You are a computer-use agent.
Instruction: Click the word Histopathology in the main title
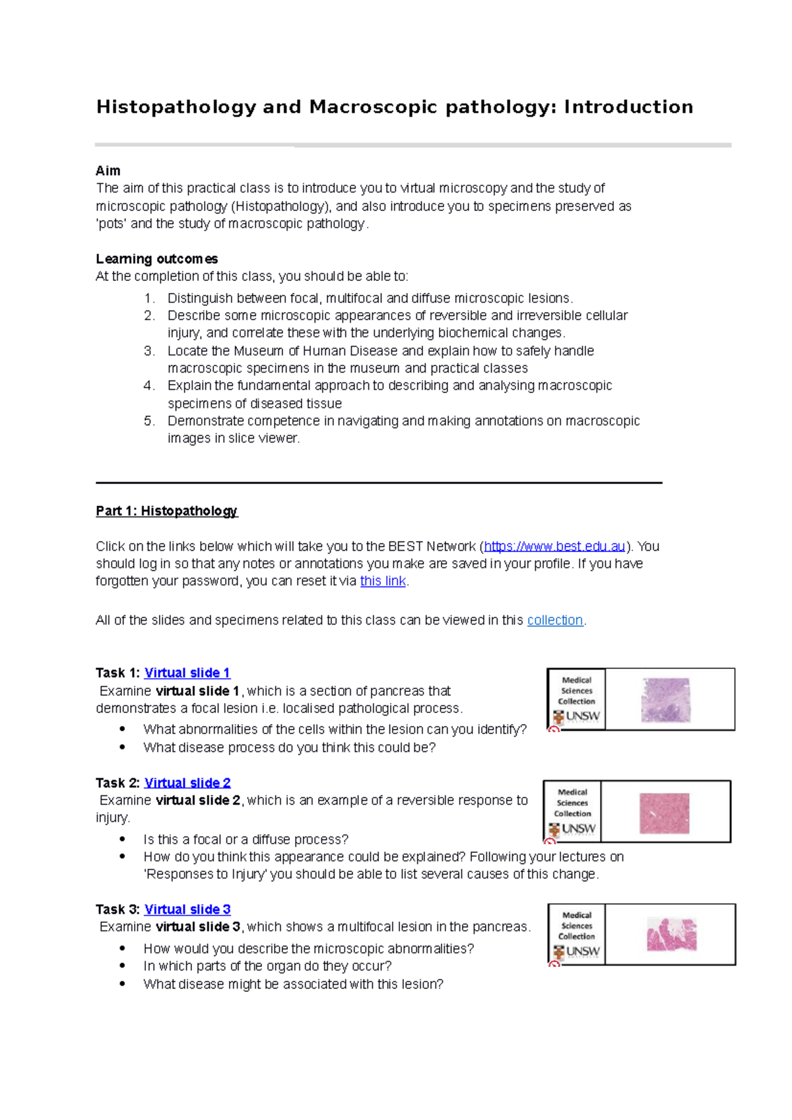pyautogui.click(x=176, y=107)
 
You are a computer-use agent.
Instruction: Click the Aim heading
pyautogui.click(x=108, y=171)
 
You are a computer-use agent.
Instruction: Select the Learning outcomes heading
pyautogui.click(x=156, y=259)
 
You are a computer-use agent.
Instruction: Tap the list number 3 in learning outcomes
pyautogui.click(x=149, y=351)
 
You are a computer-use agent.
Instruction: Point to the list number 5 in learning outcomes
pyautogui.click(x=149, y=421)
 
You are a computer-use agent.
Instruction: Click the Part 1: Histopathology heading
pyautogui.click(x=166, y=511)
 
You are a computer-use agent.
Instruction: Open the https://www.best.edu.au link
pyautogui.click(x=554, y=546)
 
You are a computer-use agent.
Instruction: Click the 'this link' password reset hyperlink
pyautogui.click(x=383, y=581)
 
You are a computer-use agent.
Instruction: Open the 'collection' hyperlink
pyautogui.click(x=554, y=620)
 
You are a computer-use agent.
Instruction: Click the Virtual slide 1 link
pyautogui.click(x=187, y=673)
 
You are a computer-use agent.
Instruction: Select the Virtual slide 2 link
pyautogui.click(x=187, y=783)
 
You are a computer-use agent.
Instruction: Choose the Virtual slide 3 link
pyautogui.click(x=187, y=910)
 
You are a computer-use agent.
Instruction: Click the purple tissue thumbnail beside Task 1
pyautogui.click(x=666, y=700)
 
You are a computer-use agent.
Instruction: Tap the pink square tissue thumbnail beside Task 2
pyautogui.click(x=664, y=813)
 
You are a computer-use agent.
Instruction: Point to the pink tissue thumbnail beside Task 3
pyautogui.click(x=671, y=935)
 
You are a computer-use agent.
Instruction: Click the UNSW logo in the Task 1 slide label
pyautogui.click(x=577, y=716)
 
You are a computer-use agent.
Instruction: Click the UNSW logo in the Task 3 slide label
pyautogui.click(x=577, y=952)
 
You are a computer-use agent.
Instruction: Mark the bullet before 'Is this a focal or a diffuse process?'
pyautogui.click(x=123, y=839)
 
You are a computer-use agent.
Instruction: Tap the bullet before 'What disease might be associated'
pyautogui.click(x=123, y=983)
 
